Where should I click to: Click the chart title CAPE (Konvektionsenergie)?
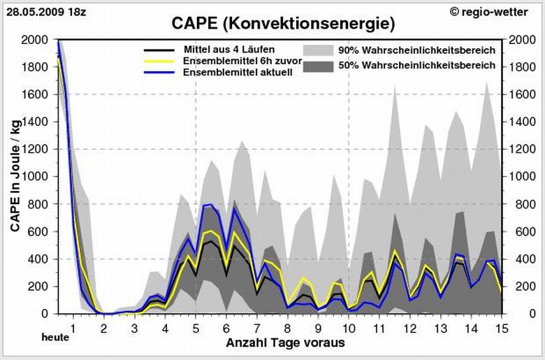tap(283, 24)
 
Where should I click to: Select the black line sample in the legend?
tap(157, 50)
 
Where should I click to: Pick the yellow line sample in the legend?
tap(157, 62)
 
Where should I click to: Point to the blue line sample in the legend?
tap(157, 73)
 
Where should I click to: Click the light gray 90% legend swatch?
tap(318, 50)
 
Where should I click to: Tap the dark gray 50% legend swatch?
tap(318, 66)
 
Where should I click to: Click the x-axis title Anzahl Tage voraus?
tap(284, 343)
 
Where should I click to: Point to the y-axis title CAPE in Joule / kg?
tap(15, 174)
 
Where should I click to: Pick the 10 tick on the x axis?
tap(349, 327)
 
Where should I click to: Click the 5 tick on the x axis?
tap(196, 327)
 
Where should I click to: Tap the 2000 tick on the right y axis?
tap(523, 40)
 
